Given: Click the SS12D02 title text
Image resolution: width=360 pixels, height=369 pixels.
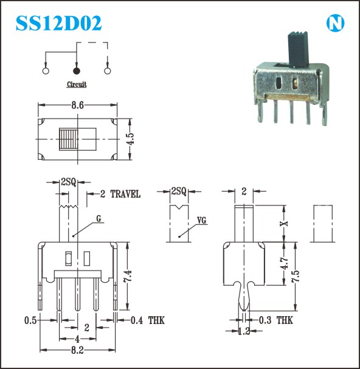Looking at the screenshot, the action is point(58,23).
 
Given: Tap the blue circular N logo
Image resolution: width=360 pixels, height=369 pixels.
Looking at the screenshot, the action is point(335,23).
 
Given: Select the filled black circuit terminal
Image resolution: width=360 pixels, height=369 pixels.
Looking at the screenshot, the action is point(77,71).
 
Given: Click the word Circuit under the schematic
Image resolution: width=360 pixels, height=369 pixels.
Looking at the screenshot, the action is point(77,84).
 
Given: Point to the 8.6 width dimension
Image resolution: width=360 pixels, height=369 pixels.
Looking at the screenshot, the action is point(78,105).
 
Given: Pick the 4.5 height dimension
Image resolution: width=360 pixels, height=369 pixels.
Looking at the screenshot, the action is point(131,139).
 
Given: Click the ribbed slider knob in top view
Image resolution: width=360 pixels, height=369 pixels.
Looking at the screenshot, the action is point(69,139).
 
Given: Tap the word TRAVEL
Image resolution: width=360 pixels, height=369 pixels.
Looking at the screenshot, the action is point(125,194).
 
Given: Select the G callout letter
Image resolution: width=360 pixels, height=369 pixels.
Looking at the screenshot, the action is point(99,219).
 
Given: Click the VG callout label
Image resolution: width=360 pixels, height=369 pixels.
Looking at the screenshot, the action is point(201,221).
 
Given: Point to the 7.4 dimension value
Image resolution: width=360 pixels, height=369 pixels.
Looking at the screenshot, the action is point(127,276).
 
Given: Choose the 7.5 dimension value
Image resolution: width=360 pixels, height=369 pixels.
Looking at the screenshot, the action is point(296,276).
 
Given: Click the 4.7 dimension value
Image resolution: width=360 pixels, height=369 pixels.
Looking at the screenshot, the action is point(285,263).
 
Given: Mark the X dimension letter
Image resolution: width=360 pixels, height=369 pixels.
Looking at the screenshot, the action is point(284,223).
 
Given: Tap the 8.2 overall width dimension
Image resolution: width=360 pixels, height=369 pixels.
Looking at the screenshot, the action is point(77,351).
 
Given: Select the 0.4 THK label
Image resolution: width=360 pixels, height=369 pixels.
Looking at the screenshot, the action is point(148,320).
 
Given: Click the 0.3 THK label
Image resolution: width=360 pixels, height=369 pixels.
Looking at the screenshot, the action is point(276,320).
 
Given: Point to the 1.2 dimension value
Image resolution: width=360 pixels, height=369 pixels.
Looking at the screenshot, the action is point(244,331).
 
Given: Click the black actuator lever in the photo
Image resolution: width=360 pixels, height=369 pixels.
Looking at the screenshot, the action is point(299,49).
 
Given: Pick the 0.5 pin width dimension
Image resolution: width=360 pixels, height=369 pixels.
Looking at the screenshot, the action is point(30,320).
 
